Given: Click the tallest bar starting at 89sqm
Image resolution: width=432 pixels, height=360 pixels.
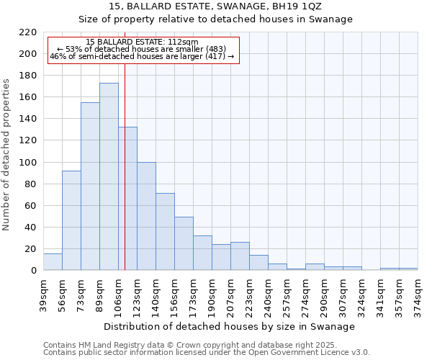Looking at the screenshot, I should [109, 176].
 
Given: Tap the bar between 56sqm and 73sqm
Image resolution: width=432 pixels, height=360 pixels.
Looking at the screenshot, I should [71, 220].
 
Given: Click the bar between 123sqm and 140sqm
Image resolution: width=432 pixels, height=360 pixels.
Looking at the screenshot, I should [146, 216].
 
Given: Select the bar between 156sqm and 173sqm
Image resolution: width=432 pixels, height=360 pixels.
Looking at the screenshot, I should [184, 243].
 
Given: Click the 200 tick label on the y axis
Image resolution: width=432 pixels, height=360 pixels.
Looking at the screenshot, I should [28, 54].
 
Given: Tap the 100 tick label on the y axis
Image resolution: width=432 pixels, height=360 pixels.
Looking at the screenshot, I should [28, 163].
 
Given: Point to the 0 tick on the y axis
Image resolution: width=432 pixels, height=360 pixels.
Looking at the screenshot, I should [34, 271].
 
